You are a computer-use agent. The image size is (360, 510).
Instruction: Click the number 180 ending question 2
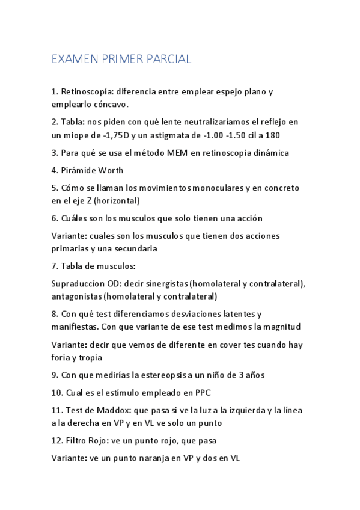pos(273,135)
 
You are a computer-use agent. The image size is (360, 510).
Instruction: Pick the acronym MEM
pos(163,153)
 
